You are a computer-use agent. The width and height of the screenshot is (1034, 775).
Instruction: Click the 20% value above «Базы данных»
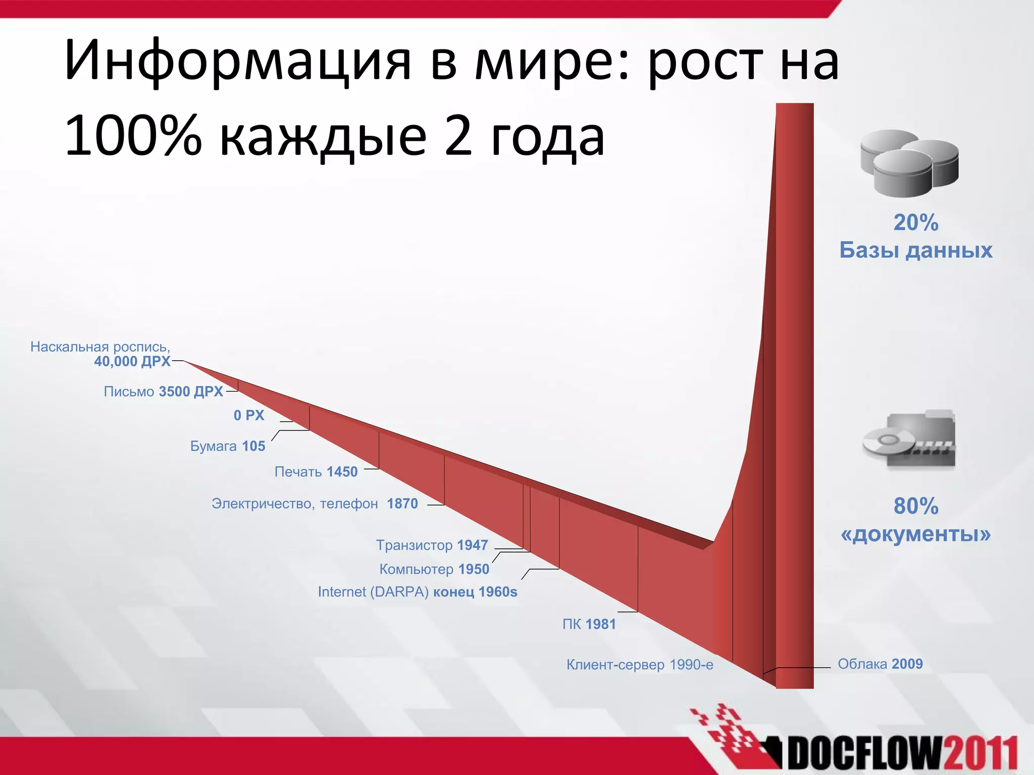(x=915, y=223)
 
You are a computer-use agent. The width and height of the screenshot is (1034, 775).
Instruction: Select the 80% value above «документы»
(x=915, y=506)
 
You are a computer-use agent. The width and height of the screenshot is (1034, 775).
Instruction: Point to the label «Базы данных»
(x=915, y=250)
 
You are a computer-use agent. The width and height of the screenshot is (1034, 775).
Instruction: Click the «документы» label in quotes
(x=915, y=534)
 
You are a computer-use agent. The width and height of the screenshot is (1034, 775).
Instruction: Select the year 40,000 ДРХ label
(x=132, y=361)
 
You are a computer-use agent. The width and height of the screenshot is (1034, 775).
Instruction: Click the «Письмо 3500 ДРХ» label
(x=163, y=392)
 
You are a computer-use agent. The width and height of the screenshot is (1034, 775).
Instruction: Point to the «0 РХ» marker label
(x=249, y=415)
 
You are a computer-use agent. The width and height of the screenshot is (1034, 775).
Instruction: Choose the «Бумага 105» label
(x=228, y=446)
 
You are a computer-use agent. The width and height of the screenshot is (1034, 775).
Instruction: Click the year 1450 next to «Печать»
(x=342, y=472)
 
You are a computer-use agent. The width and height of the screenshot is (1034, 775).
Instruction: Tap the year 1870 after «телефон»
(x=402, y=504)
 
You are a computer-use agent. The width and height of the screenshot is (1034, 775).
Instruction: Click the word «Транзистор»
(x=414, y=545)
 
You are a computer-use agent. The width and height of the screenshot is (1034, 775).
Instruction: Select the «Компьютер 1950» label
(x=434, y=569)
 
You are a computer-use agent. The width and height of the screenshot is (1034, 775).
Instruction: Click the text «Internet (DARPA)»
(x=373, y=592)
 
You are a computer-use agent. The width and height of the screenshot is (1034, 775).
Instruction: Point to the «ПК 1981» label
(x=589, y=624)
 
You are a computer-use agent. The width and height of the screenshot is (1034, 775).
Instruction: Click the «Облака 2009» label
(x=880, y=664)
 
